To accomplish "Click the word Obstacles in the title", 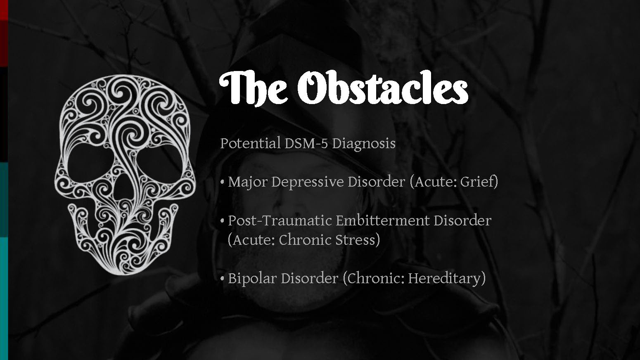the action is [x=382, y=87].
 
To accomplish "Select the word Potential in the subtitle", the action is [x=250, y=143].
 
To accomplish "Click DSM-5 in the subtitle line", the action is [x=306, y=143].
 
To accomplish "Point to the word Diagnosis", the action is [x=364, y=143].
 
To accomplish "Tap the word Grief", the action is [x=479, y=182].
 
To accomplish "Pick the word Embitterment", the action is [x=382, y=220].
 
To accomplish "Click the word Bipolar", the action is [x=252, y=278].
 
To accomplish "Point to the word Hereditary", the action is [x=447, y=279].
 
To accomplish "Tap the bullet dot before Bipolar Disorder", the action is [x=222, y=279].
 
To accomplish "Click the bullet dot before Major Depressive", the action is [x=222, y=182].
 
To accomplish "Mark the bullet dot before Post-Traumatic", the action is [x=222, y=221].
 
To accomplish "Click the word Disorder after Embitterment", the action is [x=462, y=220].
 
